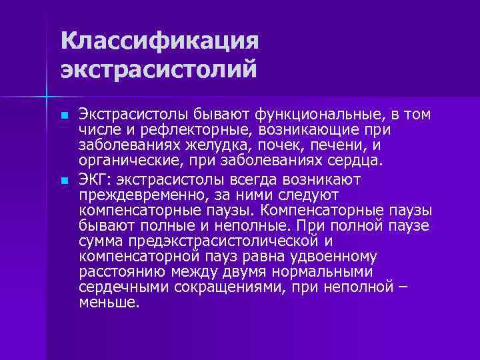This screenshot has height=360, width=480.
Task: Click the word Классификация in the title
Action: pyautogui.click(x=159, y=41)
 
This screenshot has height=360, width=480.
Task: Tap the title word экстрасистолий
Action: pyautogui.click(x=158, y=69)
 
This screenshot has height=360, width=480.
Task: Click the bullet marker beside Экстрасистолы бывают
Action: pyautogui.click(x=64, y=116)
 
